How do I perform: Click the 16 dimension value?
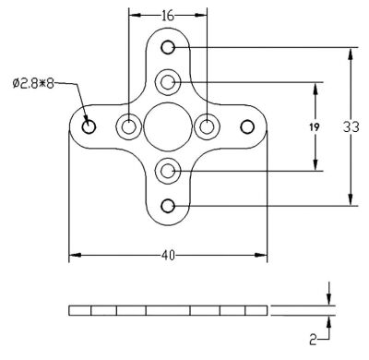168,16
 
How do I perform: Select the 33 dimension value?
351,126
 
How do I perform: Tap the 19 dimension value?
315,126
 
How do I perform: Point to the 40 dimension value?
168,255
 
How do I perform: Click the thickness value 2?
313,340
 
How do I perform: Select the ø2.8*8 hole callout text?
33,83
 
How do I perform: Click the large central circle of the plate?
168,126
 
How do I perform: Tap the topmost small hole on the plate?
168,47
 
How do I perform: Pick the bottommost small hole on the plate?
168,206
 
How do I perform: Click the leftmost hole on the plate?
89,126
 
